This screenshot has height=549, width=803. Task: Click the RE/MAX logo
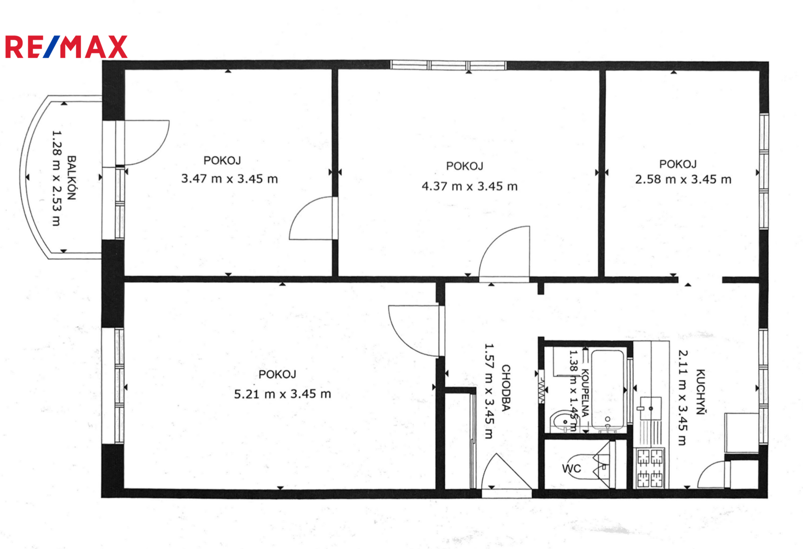coord(66,47)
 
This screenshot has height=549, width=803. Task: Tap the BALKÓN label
coord(72,178)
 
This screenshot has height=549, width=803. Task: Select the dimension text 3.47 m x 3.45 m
coord(229,178)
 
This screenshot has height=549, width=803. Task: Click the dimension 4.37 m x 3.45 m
coord(470,186)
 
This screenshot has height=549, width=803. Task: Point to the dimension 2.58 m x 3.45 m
coord(683,179)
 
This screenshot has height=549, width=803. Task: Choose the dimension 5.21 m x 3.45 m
coord(283,394)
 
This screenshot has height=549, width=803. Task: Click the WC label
coord(571,468)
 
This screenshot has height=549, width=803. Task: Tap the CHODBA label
coord(506,388)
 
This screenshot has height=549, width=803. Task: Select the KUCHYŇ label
coord(701,392)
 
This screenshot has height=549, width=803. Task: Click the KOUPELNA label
coord(585,392)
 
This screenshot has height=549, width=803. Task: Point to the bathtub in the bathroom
coord(607,390)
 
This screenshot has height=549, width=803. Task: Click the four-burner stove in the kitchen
coord(650,468)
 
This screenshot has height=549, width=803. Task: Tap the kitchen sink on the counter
coord(650,408)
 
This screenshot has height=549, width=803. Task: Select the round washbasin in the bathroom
coord(562,422)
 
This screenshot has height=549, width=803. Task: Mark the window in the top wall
coord(448,65)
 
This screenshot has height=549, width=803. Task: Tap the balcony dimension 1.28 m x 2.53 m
coord(57,178)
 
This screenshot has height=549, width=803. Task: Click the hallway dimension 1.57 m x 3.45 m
coord(489,391)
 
